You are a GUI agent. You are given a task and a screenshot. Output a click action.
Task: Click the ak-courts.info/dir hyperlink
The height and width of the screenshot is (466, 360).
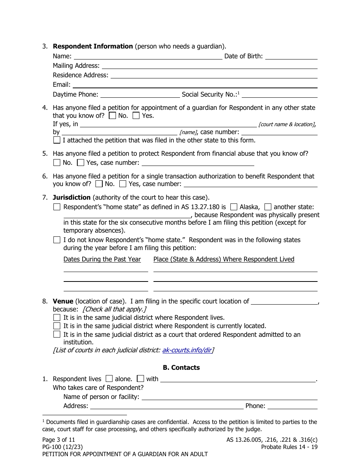click(x=187, y=350)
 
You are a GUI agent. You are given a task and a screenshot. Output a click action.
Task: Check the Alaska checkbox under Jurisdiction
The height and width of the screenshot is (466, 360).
click(x=234, y=207)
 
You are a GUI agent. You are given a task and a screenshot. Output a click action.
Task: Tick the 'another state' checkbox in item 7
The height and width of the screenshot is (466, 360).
click(x=268, y=207)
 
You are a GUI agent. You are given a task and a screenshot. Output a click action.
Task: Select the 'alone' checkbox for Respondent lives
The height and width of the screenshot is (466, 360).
click(x=109, y=378)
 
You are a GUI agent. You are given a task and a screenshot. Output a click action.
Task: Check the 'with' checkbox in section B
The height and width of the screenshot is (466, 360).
click(x=141, y=378)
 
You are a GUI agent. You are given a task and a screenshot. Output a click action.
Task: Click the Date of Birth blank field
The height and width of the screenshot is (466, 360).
click(x=291, y=56)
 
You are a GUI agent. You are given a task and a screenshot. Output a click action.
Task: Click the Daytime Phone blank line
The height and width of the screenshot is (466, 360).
click(x=140, y=94)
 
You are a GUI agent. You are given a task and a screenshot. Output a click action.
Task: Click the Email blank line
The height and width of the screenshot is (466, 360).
click(x=195, y=85)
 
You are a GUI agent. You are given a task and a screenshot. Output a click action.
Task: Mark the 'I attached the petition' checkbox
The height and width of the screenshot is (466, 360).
click(x=57, y=140)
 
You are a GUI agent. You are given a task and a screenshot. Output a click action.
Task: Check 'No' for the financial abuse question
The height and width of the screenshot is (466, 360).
click(x=57, y=163)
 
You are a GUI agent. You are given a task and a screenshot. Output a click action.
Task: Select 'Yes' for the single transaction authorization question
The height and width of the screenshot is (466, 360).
click(x=123, y=184)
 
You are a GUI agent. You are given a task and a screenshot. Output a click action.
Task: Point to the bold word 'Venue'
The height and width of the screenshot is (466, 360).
click(x=63, y=302)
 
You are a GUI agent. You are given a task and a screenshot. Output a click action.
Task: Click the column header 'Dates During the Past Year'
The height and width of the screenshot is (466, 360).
click(x=102, y=260)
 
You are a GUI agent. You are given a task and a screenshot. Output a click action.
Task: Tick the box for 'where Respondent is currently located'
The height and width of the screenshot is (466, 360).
click(x=57, y=326)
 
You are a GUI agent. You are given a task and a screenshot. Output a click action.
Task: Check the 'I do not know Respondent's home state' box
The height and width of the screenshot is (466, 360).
click(x=57, y=240)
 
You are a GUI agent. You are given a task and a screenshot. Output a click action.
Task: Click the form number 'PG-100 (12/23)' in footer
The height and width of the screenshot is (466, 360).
click(x=63, y=447)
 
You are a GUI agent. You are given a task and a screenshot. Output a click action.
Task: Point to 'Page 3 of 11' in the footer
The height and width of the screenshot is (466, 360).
click(x=59, y=440)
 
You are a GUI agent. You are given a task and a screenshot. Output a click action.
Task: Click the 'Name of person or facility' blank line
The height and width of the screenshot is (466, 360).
click(x=229, y=397)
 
